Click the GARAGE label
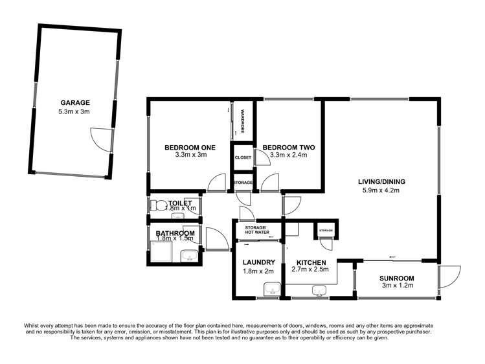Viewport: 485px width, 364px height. (75, 102)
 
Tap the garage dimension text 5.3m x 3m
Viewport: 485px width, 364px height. (75, 111)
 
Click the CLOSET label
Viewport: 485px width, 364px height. (243, 157)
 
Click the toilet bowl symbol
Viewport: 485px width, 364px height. (155, 205)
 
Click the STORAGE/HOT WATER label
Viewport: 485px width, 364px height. (258, 231)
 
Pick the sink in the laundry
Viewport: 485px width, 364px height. (271, 288)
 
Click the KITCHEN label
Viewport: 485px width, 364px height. (311, 262)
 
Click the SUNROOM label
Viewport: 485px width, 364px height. (398, 279)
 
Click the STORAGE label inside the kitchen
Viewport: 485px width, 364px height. (325, 230)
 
